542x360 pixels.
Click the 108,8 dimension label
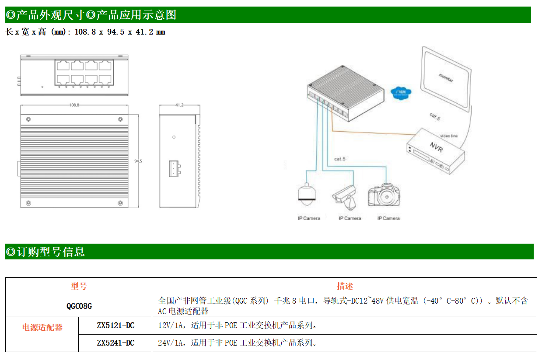click(74, 105)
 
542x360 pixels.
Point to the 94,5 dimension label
click(138, 161)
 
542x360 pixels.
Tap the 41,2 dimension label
click(179, 105)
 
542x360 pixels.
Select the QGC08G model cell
click(79, 306)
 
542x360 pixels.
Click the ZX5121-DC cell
click(115, 325)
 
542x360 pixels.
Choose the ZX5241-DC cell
click(115, 343)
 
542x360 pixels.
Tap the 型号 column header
click(79, 286)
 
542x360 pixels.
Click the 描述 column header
click(344, 286)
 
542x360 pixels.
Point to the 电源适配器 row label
click(42, 327)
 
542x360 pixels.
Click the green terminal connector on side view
click(174, 168)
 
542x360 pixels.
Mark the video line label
click(448, 136)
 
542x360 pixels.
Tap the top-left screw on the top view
click(28, 120)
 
